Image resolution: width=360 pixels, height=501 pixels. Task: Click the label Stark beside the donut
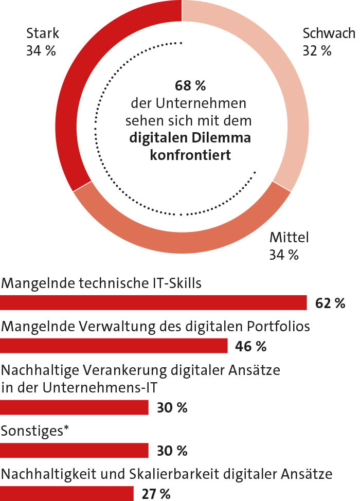pyautogui.click(x=43, y=34)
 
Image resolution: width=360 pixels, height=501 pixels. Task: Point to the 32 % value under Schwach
pyautogui.click(x=317, y=51)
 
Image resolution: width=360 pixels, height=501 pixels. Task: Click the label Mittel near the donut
pyautogui.click(x=289, y=237)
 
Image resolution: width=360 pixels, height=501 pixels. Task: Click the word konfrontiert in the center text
pyautogui.click(x=190, y=155)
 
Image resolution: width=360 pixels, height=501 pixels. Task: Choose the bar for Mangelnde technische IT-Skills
pyautogui.click(x=153, y=302)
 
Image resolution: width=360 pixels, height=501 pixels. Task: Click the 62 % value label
pyautogui.click(x=330, y=303)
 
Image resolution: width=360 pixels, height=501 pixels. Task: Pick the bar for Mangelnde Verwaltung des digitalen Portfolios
pyautogui.click(x=114, y=346)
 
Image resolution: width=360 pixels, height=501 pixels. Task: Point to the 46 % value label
pyautogui.click(x=250, y=347)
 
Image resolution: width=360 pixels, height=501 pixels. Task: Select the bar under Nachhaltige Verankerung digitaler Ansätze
pyautogui.click(x=74, y=407)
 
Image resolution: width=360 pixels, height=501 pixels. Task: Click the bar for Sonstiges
pyautogui.click(x=74, y=451)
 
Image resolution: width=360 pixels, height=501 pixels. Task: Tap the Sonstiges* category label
pyautogui.click(x=34, y=432)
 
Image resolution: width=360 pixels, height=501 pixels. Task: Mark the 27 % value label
pyautogui.click(x=155, y=494)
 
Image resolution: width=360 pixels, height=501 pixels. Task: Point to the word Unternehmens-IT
pyautogui.click(x=112, y=387)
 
